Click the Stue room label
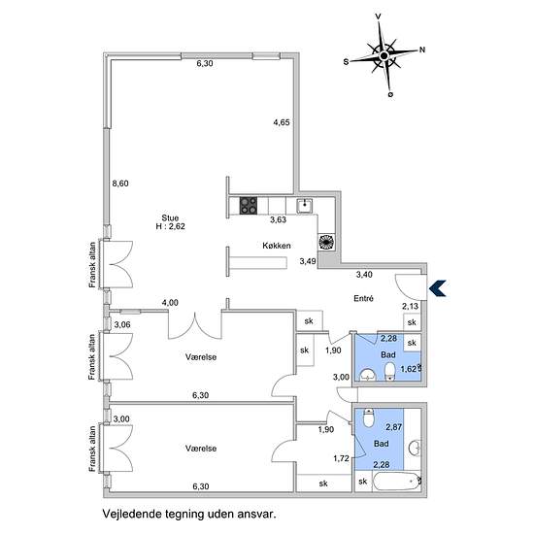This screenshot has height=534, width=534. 170,217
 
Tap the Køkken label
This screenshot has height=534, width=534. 277,246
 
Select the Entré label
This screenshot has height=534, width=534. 363,298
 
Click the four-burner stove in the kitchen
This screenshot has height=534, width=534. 249,206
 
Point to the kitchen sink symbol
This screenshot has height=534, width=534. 304,206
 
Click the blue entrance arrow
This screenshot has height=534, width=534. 438,288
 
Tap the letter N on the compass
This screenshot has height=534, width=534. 422,50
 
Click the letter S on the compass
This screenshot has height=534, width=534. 346,62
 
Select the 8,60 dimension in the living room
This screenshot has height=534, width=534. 120,184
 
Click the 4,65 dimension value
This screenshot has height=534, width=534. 282,122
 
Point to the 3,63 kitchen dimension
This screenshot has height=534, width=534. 279,219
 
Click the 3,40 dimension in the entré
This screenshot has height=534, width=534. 364,274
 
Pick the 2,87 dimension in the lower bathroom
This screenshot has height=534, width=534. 393,427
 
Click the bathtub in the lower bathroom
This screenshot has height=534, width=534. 397,482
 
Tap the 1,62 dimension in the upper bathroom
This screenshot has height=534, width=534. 409,369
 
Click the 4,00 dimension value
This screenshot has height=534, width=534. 170,302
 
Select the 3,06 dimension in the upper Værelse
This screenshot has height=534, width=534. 122,324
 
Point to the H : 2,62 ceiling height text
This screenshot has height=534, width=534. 170,226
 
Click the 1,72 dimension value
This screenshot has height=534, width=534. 341,458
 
